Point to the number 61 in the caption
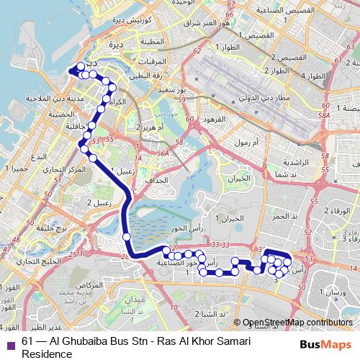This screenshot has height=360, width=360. [28, 342]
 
